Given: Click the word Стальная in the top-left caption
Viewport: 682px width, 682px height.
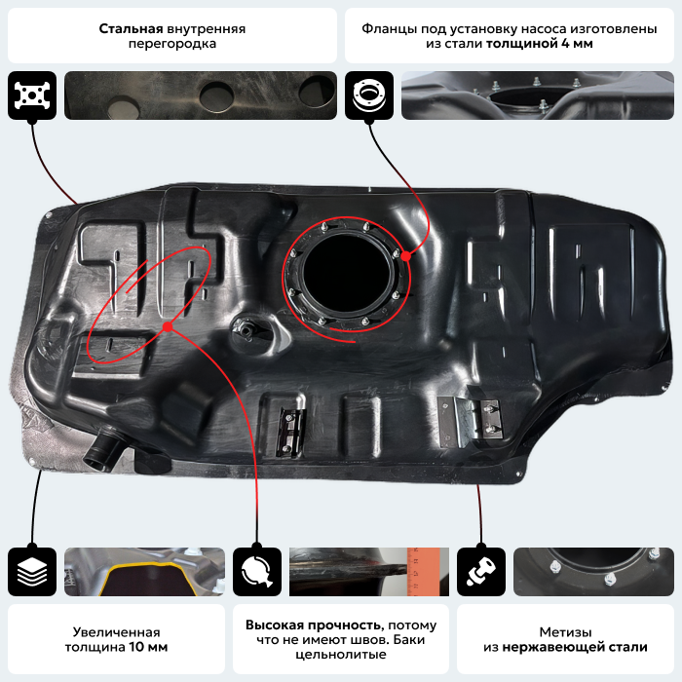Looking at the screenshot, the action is click(x=131, y=28).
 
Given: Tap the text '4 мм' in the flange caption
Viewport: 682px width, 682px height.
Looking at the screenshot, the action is click(x=577, y=44).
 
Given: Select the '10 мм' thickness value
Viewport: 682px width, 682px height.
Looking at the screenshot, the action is click(x=148, y=647).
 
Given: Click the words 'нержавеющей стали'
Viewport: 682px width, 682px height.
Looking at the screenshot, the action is click(x=575, y=647).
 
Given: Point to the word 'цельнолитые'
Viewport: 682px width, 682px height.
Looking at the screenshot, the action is click(x=341, y=654).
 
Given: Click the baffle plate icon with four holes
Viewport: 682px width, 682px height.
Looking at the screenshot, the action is click(x=32, y=95).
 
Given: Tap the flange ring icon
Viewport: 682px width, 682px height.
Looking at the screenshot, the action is click(x=369, y=95).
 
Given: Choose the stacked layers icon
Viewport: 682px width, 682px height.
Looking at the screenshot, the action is click(x=32, y=572).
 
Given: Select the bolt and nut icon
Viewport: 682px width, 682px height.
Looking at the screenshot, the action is click(x=481, y=572).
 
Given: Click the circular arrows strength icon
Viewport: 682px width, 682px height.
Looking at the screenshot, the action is click(x=257, y=572).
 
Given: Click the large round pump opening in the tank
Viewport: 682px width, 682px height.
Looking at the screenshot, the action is click(x=346, y=274).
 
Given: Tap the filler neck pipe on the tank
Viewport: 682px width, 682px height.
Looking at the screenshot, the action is click(x=102, y=448).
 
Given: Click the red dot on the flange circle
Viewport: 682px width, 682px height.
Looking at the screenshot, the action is click(x=406, y=256).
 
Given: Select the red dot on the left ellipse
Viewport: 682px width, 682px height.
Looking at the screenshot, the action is click(x=168, y=326).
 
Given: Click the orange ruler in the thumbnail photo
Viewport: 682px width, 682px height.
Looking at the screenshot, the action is click(x=423, y=572).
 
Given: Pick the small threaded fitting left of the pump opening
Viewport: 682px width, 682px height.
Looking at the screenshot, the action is click(x=245, y=329).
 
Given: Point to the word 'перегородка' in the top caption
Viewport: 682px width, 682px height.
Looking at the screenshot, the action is click(x=172, y=44).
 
